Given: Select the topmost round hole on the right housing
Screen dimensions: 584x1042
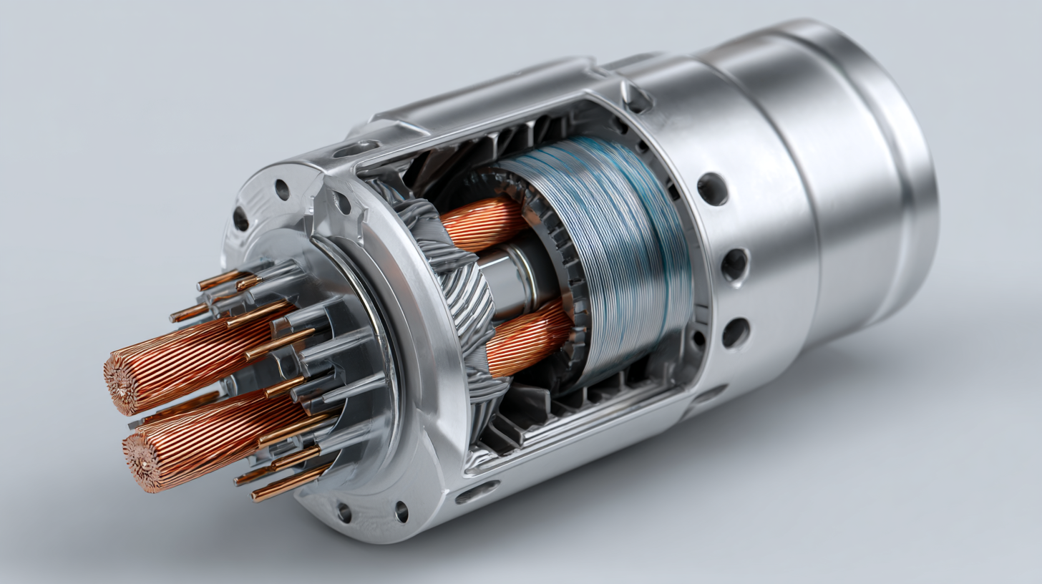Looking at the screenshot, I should (712, 190).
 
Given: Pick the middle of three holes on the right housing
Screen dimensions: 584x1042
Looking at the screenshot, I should (734, 265).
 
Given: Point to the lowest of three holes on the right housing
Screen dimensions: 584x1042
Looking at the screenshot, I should (736, 333).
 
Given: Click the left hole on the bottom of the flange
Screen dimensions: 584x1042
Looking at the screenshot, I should (344, 512).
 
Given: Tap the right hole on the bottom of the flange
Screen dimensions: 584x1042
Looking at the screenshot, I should (401, 511).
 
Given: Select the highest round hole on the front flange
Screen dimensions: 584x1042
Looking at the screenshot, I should (282, 190).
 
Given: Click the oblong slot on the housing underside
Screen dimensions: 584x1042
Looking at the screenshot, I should (477, 492).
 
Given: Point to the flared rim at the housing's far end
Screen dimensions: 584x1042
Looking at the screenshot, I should (909, 179).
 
